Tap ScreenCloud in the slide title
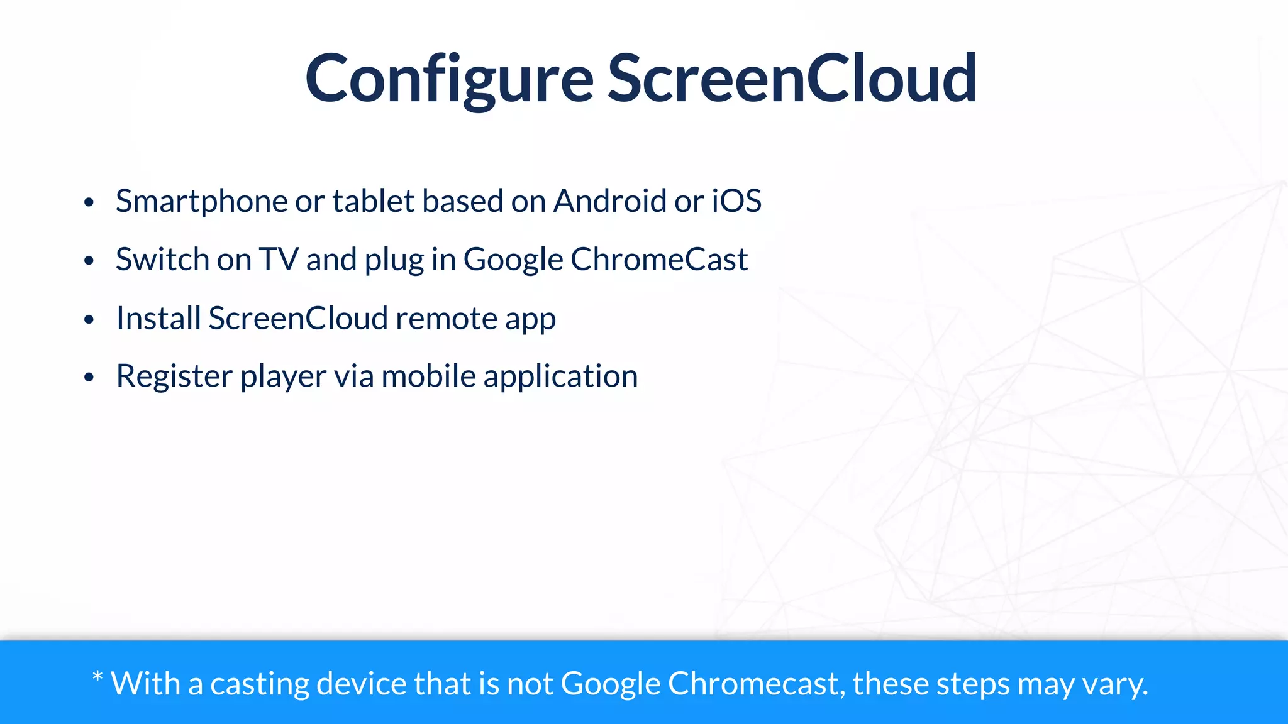[x=792, y=79]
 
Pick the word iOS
[x=736, y=202]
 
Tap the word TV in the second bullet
[x=279, y=260]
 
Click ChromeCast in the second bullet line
[x=659, y=260]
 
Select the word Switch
[x=162, y=260]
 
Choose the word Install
[x=158, y=318]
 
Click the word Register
[x=174, y=376]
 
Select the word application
[x=560, y=376]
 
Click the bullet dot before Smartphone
[x=89, y=203]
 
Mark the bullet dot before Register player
[x=89, y=378]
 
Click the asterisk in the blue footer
[x=97, y=677]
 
